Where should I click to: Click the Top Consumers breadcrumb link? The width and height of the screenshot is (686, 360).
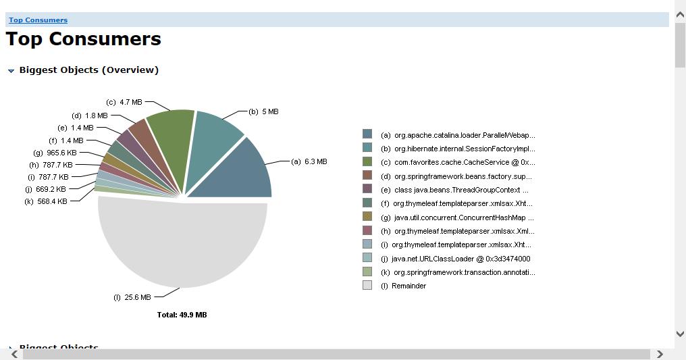38,20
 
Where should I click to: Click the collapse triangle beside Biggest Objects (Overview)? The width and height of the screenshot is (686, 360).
11,71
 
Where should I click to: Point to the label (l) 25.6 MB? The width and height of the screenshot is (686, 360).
132,297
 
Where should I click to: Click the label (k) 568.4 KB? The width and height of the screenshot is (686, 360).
45,201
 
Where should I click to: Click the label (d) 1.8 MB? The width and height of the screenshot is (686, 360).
89,115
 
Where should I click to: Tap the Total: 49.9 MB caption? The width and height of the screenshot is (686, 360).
182,315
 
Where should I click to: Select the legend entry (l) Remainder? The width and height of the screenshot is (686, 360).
403,286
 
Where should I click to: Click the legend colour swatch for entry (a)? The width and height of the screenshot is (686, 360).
367,134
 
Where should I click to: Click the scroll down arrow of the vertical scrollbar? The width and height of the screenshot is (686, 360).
680,334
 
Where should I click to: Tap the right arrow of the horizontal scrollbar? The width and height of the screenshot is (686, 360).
660,354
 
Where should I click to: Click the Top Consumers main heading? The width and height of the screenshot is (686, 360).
84,39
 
